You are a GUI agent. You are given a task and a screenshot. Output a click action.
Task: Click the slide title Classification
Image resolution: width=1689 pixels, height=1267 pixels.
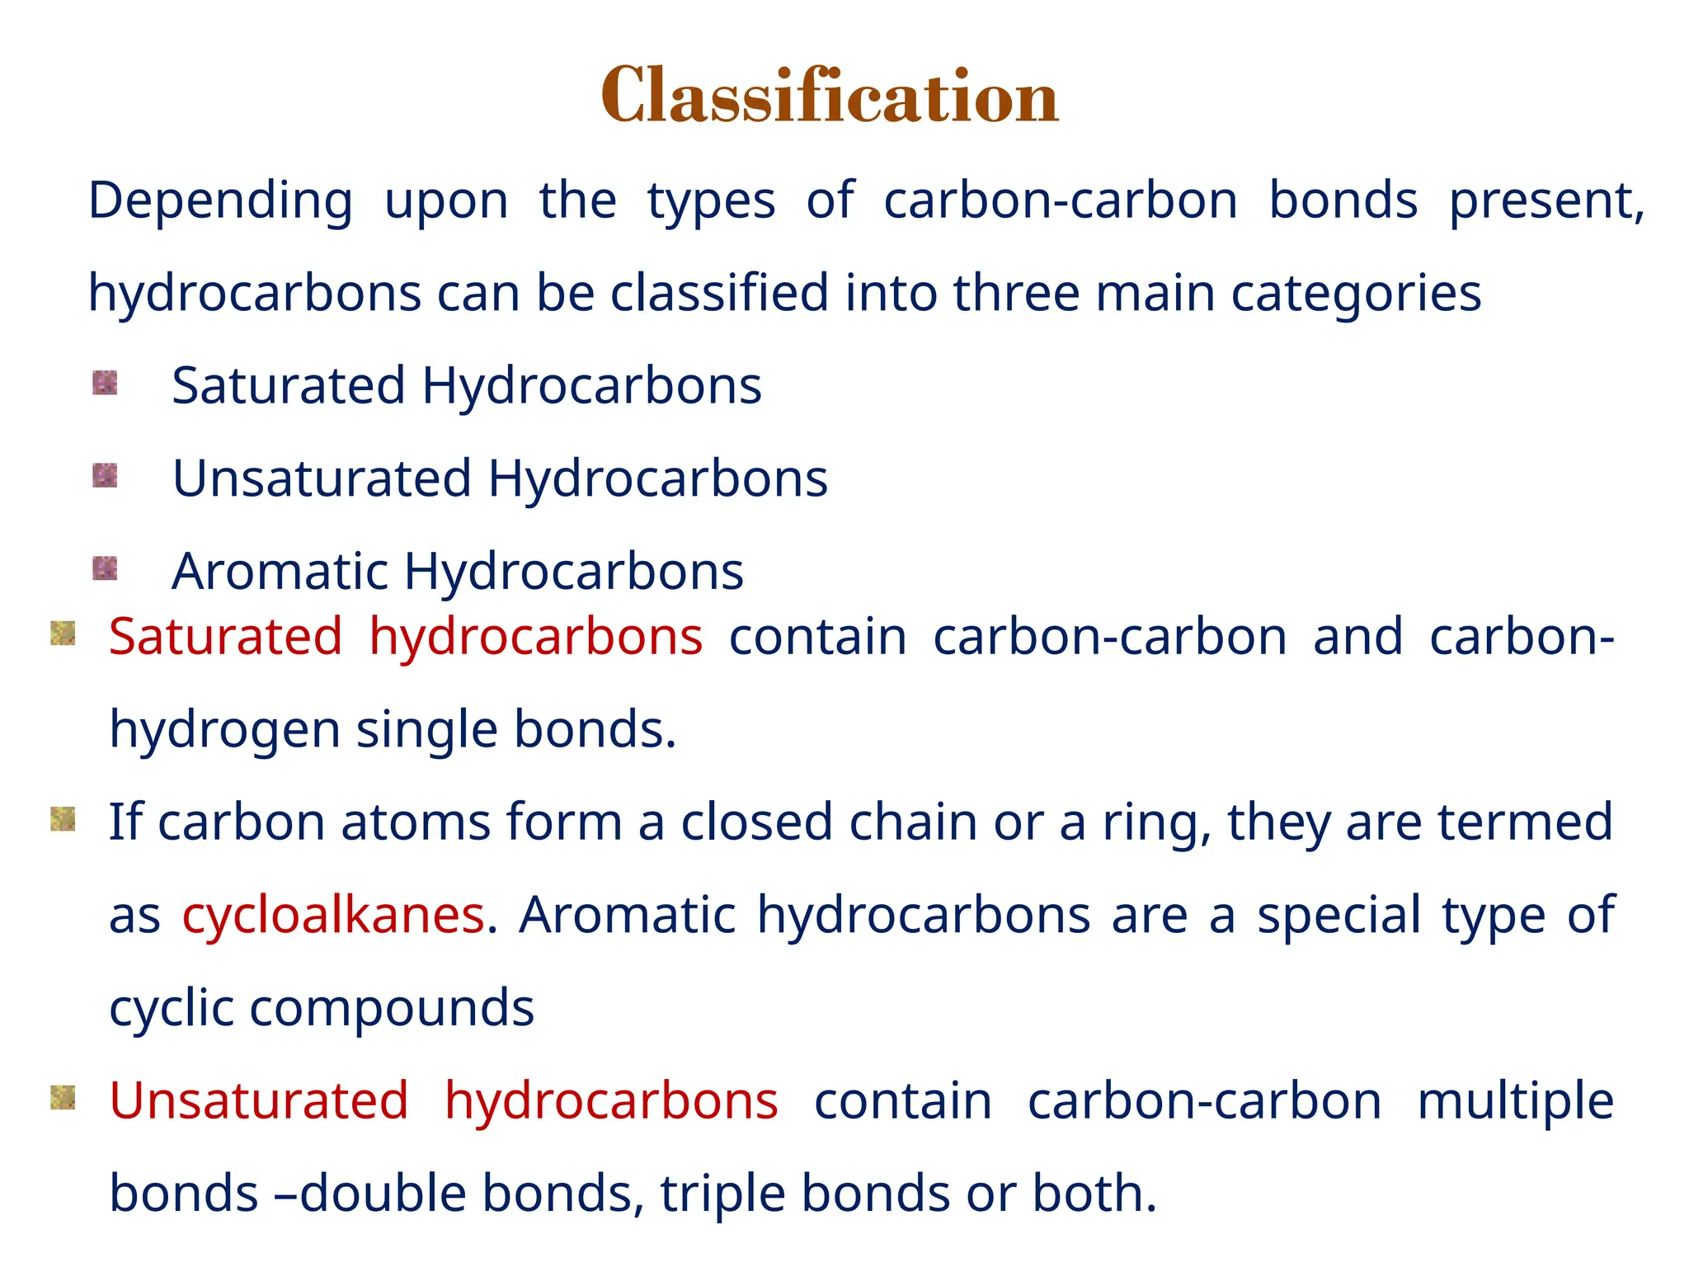(830, 97)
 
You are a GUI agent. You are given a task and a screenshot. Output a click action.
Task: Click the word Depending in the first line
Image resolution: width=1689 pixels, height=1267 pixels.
(220, 201)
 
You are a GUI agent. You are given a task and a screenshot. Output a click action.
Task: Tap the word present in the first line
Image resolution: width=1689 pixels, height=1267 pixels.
(1546, 201)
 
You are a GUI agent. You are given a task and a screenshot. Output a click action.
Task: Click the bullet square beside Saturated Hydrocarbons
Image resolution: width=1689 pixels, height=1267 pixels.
(105, 383)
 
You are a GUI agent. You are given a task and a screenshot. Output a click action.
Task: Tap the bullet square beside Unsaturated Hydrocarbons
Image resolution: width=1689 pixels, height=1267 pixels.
(105, 475)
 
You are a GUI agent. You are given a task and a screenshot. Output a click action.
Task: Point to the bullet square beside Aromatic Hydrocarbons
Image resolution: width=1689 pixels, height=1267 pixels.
(105, 568)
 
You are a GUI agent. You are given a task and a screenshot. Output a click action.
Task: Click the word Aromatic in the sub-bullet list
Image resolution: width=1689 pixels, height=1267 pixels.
(280, 572)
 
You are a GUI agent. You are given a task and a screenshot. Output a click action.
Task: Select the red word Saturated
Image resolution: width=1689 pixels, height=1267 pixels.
(225, 637)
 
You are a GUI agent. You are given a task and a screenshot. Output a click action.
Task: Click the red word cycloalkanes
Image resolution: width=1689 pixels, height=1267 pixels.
(333, 915)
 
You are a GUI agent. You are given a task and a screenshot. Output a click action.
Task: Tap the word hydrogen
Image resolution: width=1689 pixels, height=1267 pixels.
(224, 731)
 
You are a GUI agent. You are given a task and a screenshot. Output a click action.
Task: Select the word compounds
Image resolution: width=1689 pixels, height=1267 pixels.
(392, 1008)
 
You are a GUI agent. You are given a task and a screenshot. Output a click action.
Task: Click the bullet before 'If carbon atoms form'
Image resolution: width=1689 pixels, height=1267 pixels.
(64, 819)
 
